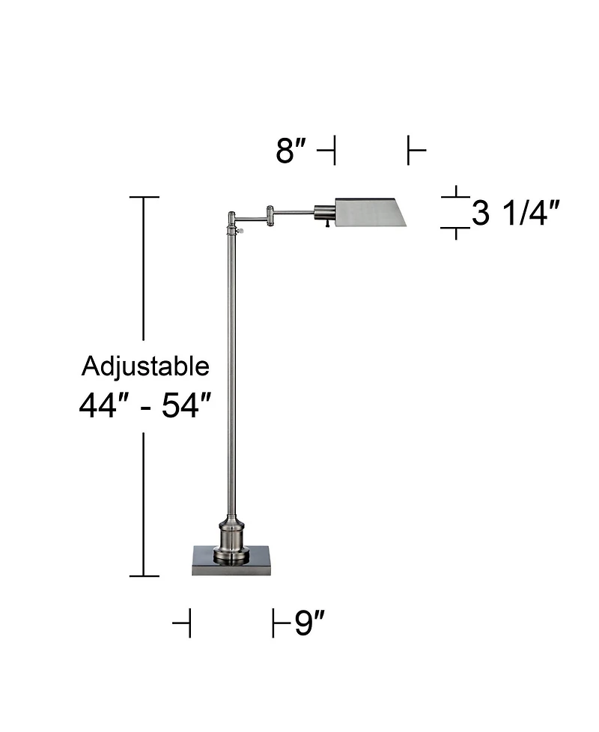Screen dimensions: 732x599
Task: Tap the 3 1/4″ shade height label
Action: (x=516, y=214)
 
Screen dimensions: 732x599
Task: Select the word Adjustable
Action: (x=145, y=366)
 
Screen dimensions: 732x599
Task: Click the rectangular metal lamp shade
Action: (x=370, y=213)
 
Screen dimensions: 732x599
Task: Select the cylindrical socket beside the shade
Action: (x=324, y=212)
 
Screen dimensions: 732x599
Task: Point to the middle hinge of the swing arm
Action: (x=269, y=217)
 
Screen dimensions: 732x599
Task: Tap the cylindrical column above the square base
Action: (x=231, y=536)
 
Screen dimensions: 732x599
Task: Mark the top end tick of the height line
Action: (x=144, y=197)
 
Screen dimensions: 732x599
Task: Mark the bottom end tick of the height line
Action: (x=144, y=575)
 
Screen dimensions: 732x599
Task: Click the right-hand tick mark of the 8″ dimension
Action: (x=409, y=151)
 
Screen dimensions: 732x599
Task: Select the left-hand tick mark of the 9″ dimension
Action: (x=189, y=623)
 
